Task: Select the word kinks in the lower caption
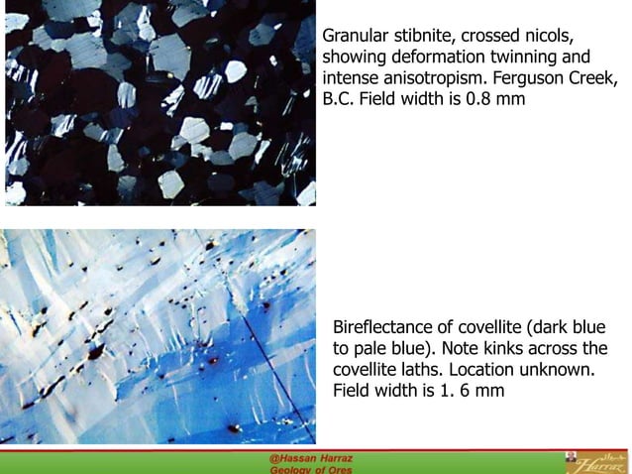[x=503, y=348]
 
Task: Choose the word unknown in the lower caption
[x=557, y=370]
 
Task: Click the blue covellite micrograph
[x=159, y=336]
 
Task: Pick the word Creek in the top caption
[x=598, y=78]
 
